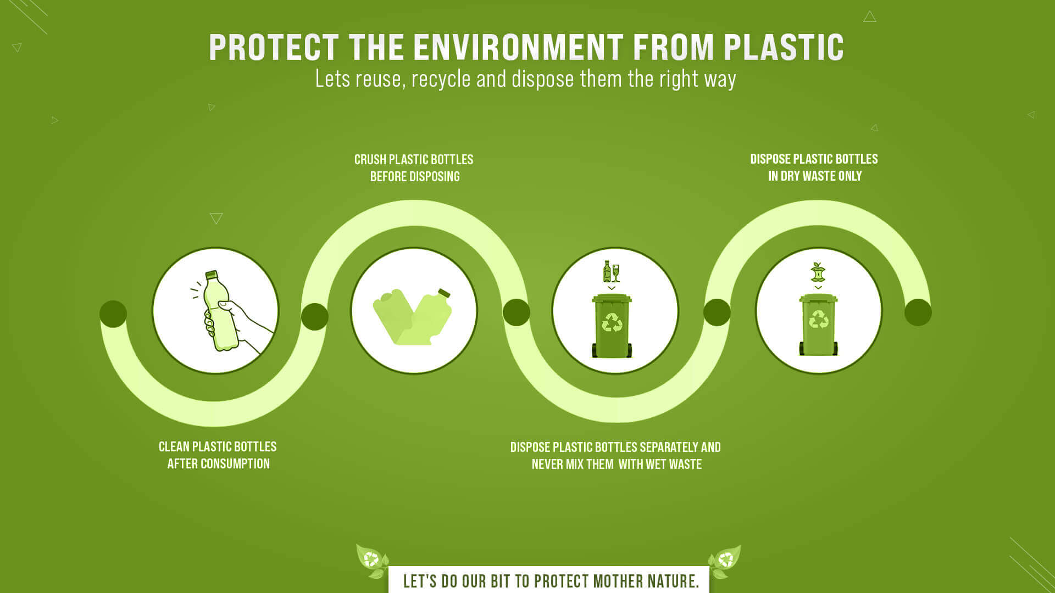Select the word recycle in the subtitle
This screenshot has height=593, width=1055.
[x=441, y=79]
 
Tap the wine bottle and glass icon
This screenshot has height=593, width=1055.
[x=611, y=272]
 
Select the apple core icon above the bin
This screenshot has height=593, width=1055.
[x=818, y=272]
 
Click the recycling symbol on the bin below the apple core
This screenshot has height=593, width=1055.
[x=818, y=319]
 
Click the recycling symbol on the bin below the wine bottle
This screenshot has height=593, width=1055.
[x=612, y=322]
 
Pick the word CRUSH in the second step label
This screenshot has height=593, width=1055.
[x=370, y=160]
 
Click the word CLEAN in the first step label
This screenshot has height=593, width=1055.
[x=174, y=447]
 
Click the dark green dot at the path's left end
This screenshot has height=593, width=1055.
[x=113, y=314]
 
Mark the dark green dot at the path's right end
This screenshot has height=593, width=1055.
[x=918, y=312]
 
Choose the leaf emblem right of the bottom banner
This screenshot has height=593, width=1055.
[x=725, y=561]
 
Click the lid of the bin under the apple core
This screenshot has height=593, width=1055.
[x=818, y=299]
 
